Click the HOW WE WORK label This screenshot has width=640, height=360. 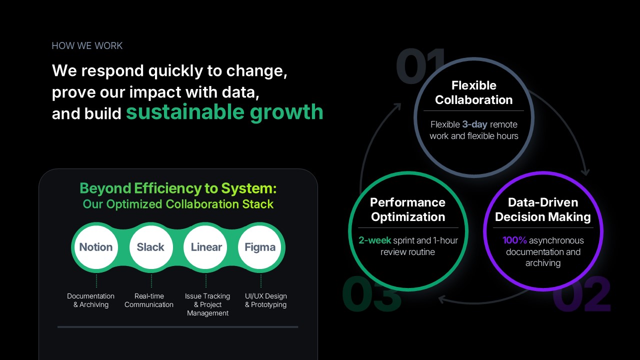point(87,45)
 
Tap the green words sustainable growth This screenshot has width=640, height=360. point(224,112)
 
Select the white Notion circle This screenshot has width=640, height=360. point(96,247)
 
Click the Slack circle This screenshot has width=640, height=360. point(151,247)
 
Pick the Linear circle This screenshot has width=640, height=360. point(205,247)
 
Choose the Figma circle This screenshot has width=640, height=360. point(259,247)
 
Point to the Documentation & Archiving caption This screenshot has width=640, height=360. point(91,300)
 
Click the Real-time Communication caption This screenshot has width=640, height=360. point(149,300)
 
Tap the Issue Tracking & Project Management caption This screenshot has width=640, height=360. point(207,304)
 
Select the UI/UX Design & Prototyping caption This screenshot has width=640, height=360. point(265,300)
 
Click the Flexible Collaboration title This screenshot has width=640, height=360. point(473,92)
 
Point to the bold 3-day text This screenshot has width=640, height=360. point(474,124)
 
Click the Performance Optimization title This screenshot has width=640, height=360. point(407,209)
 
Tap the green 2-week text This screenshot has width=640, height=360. point(375,240)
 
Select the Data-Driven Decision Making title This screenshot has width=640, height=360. point(543,209)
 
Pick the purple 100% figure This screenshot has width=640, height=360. point(514,240)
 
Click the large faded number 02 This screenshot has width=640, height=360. point(581,294)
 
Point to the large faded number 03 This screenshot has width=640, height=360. point(371,294)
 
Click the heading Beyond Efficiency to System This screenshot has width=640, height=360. point(178,188)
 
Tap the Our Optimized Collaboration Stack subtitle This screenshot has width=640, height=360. point(178,204)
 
